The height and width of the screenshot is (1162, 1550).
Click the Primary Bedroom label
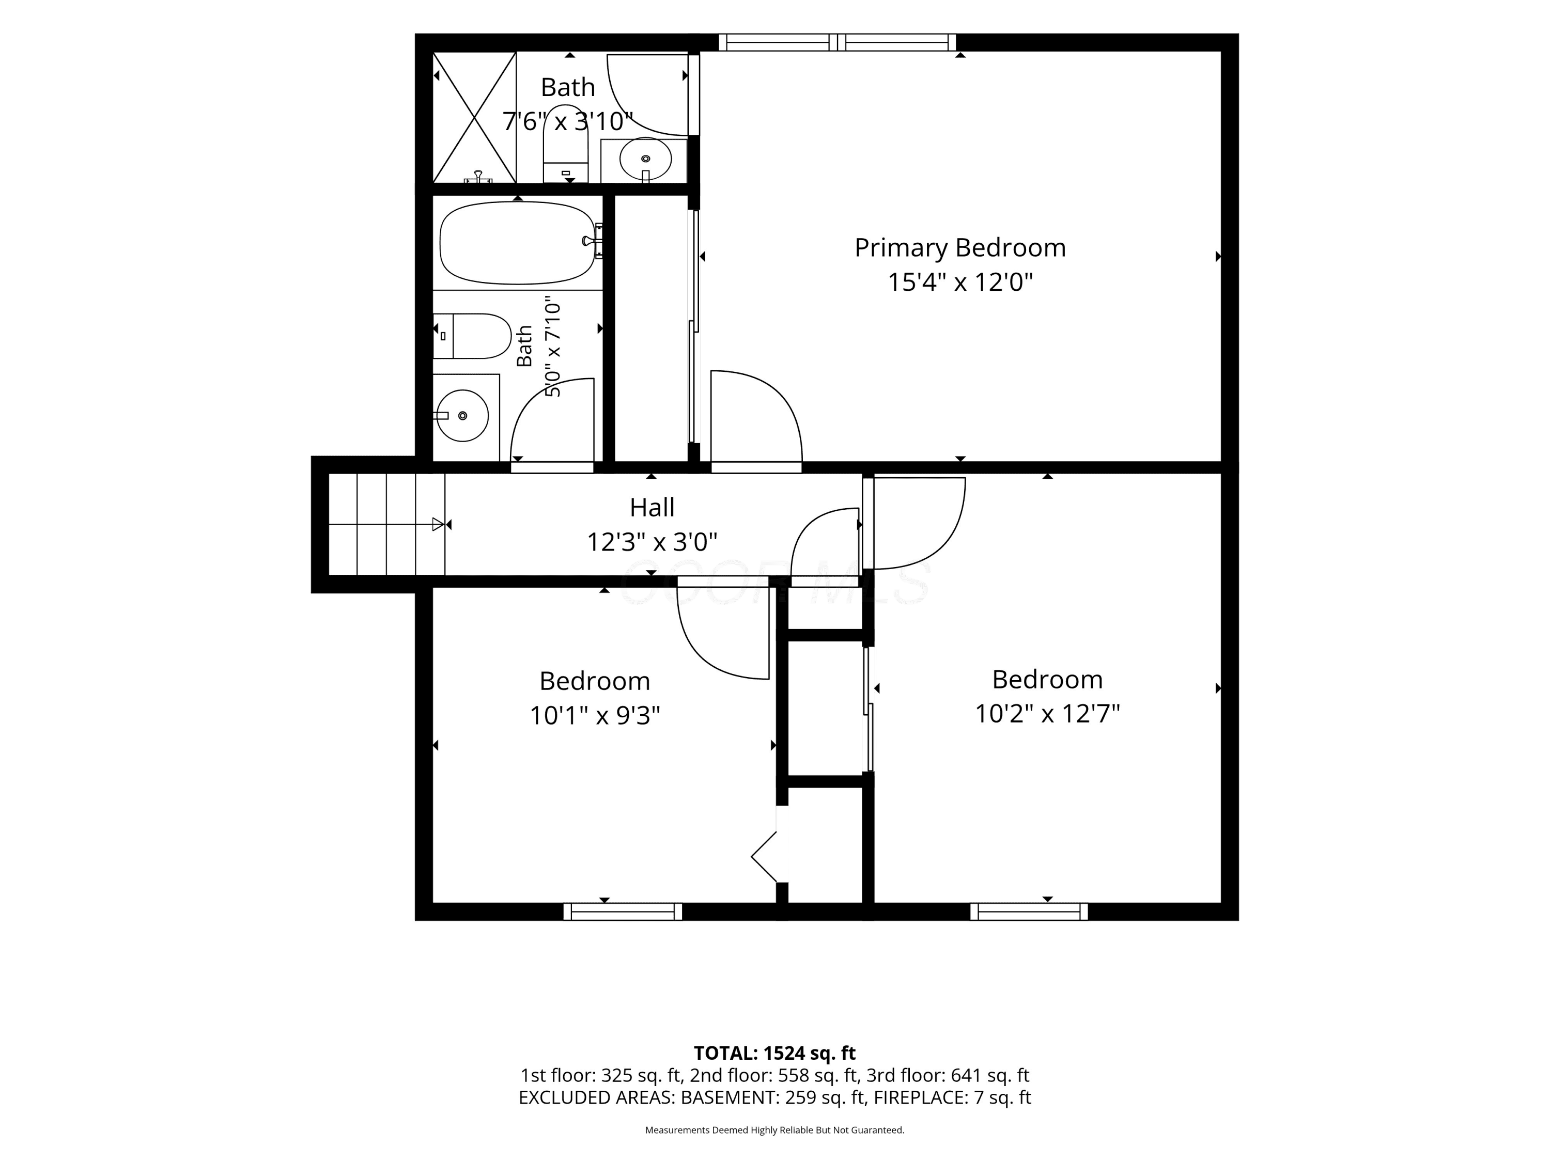click(960, 247)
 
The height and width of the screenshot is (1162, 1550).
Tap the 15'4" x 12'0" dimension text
click(960, 282)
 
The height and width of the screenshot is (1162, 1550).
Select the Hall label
click(652, 507)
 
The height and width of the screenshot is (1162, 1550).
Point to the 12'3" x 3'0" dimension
click(652, 541)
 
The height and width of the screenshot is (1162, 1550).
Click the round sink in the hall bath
click(462, 415)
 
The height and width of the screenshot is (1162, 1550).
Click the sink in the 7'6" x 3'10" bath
click(645, 159)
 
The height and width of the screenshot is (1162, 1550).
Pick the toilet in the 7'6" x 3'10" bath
click(565, 144)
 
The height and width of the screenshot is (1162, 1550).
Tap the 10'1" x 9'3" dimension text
click(594, 715)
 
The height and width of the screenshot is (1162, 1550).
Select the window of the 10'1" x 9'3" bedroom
click(622, 911)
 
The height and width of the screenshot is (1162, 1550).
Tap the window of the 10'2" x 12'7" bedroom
click(1029, 911)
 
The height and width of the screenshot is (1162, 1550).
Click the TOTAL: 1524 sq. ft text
click(774, 1053)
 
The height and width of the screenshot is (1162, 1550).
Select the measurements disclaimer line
click(774, 1130)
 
